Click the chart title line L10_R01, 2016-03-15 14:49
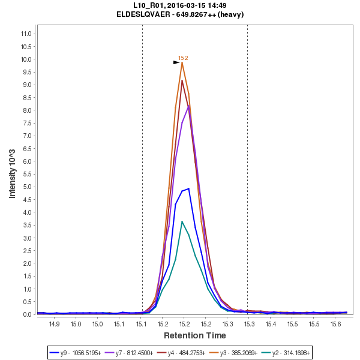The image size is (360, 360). pyautogui.click(x=180, y=5)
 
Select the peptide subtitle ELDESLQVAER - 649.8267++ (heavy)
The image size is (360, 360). pyautogui.click(x=180, y=14)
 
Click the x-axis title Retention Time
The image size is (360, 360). pyautogui.click(x=195, y=335)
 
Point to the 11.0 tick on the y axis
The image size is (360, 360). pyautogui.click(x=26, y=34)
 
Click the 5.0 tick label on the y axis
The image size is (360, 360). pyautogui.click(x=26, y=187)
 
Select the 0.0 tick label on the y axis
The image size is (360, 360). pyautogui.click(x=26, y=314)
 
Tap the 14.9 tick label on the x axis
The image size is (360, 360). pyautogui.click(x=55, y=324)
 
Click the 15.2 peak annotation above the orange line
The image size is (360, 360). pyautogui.click(x=183, y=58)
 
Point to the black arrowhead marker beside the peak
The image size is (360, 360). pyautogui.click(x=176, y=62)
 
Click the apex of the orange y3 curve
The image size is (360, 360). pyautogui.click(x=182, y=62)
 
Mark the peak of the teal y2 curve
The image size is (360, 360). pyautogui.click(x=182, y=221)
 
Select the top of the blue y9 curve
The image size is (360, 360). pyautogui.click(x=188, y=188)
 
